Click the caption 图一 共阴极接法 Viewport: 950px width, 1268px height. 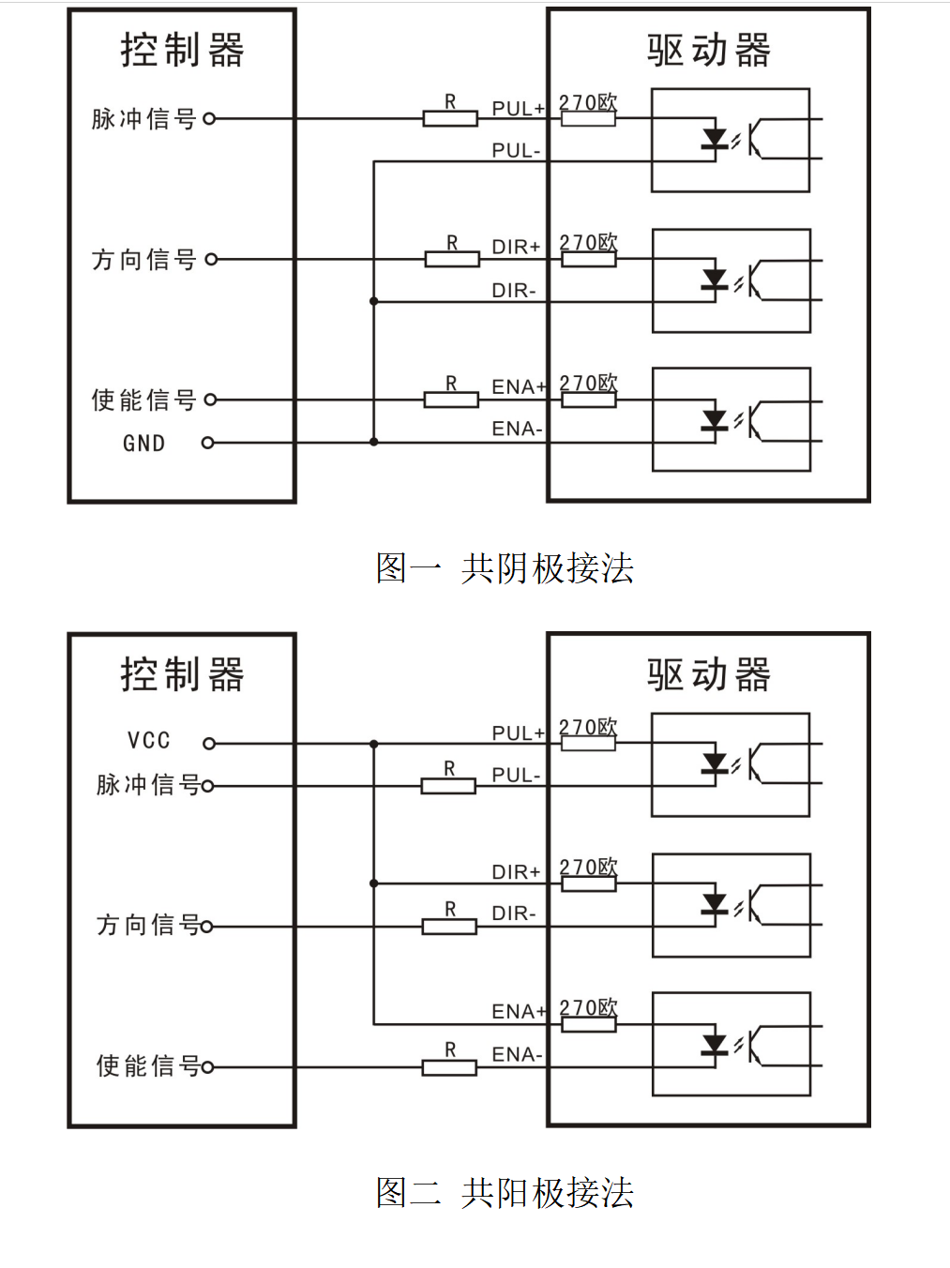pos(505,568)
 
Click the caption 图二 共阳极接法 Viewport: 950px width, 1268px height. pos(505,1193)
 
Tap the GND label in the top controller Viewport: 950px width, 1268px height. pos(143,444)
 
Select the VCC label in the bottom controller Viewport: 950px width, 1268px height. pos(149,741)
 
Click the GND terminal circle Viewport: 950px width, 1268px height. pos(208,443)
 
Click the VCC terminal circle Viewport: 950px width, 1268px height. pos(209,744)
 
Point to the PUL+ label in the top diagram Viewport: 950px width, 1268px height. pos(518,109)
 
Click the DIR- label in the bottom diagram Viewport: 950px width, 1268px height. pos(514,913)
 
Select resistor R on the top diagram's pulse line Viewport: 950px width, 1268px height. pos(450,118)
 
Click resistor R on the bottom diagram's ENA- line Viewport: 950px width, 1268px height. pos(449,1067)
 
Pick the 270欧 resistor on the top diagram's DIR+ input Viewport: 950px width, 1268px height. pos(588,259)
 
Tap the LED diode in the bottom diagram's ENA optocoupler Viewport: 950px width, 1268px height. pos(715,1044)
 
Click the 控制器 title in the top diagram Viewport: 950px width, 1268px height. pos(182,50)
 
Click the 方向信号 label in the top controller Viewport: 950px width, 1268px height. pos(143,260)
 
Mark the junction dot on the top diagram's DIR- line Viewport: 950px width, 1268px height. pos(374,301)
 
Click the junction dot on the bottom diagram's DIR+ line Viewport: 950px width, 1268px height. pos(374,883)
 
